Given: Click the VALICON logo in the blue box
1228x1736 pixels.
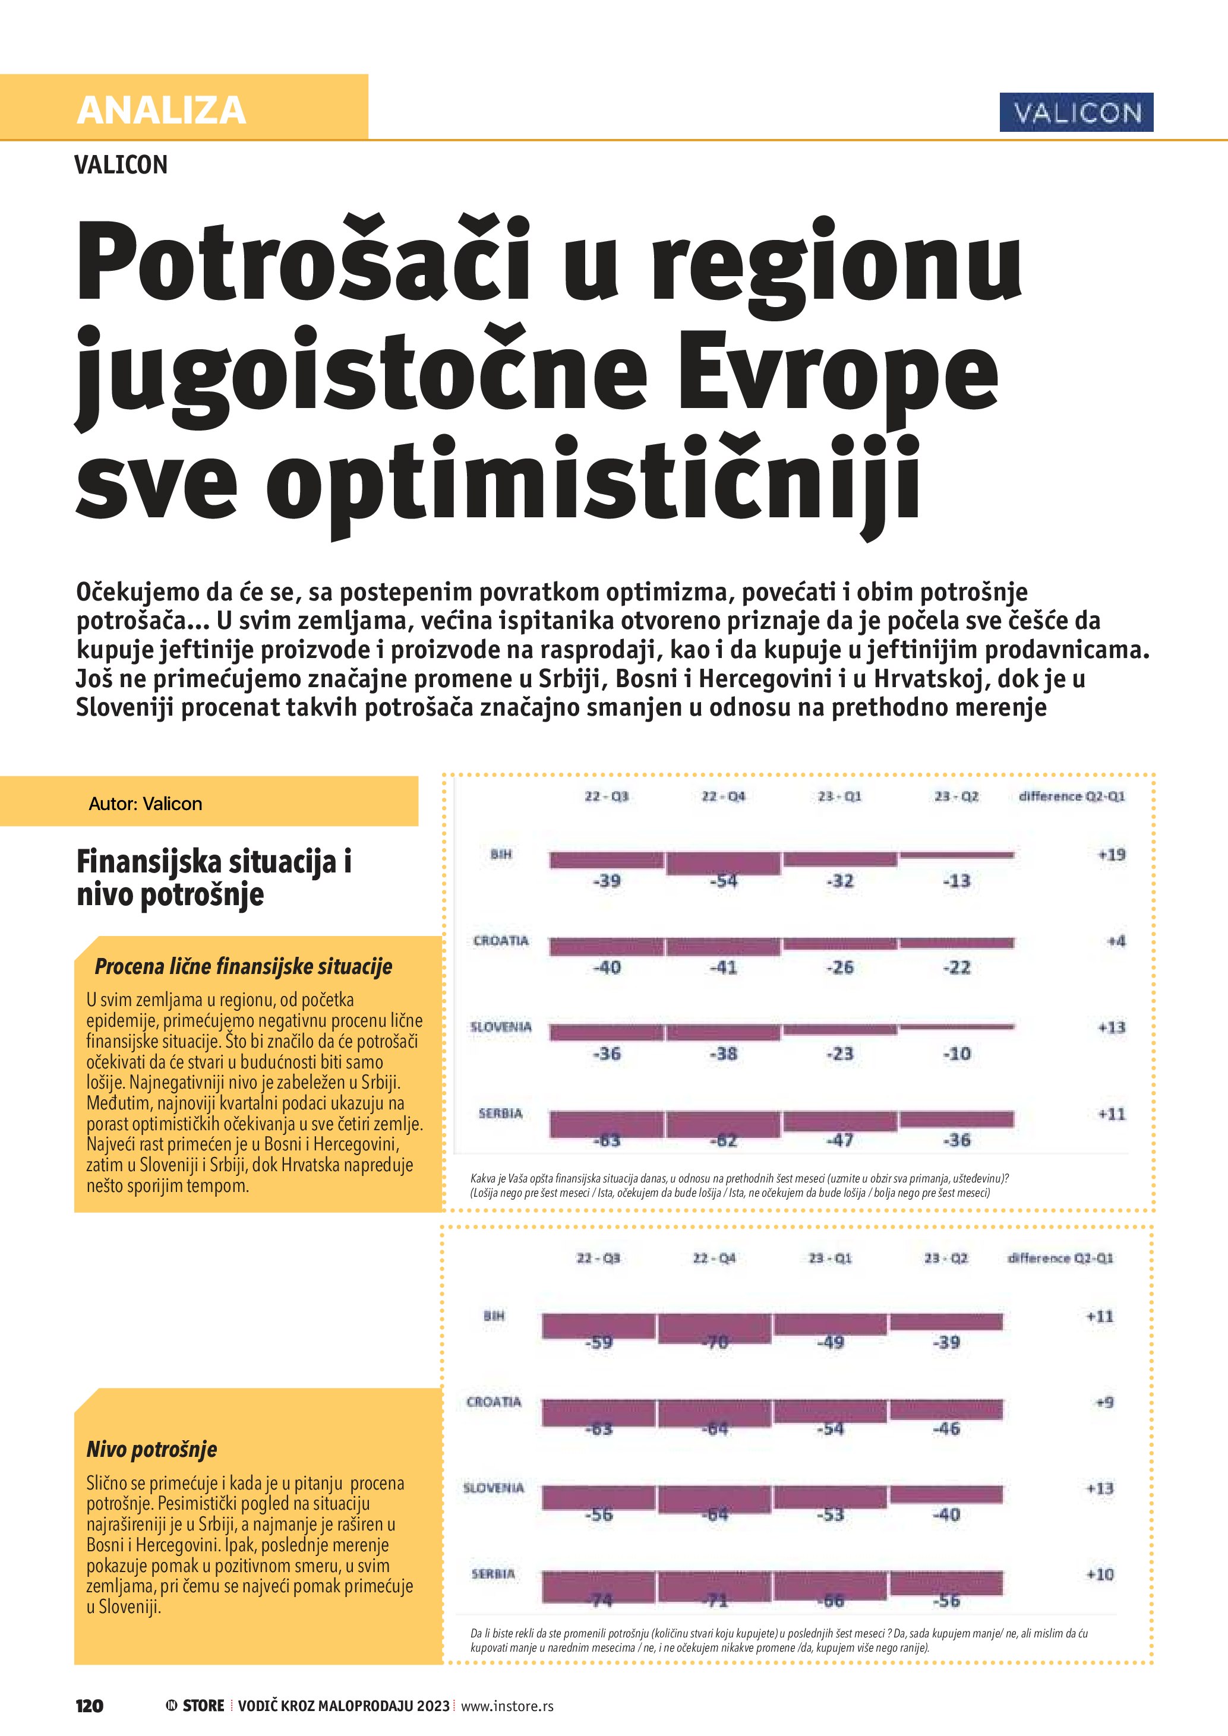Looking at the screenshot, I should point(1076,113).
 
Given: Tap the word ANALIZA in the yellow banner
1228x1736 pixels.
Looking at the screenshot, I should point(161,110).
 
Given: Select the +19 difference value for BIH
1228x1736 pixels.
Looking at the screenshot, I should point(1111,855).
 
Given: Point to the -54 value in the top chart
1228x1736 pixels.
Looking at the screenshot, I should point(724,881).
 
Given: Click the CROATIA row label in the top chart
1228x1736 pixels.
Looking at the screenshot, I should point(501,941).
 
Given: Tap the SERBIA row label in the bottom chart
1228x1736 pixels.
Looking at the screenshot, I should point(493,1573).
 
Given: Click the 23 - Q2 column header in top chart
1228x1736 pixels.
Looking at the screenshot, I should point(956,796).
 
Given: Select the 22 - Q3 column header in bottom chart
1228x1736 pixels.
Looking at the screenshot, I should point(598,1258).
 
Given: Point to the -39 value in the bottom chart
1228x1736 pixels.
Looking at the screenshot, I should point(946,1343).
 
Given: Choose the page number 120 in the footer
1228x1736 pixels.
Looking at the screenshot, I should point(89,1706).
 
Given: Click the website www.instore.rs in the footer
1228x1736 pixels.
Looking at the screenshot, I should point(507,1706).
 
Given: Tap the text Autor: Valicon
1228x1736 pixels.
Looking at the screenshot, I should point(145,804).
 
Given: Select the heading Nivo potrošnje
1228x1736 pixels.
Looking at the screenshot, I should point(151,1450).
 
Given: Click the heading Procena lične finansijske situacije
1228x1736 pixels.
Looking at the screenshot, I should point(243,966).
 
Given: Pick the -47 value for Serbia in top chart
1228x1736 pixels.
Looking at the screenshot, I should point(840,1140).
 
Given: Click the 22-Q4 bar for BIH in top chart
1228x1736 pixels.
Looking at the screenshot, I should point(723,863).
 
